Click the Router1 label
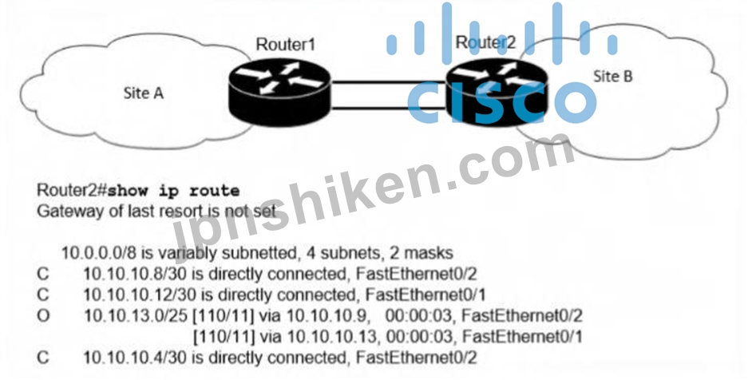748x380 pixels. pos(286,45)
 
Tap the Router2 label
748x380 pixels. pos(485,42)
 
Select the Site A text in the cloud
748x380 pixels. pos(143,93)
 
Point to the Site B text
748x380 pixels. pos(612,77)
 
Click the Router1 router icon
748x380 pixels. pos(279,92)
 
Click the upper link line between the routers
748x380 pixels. pos(388,82)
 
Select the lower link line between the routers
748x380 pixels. pos(388,108)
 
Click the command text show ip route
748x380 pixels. pos(172,191)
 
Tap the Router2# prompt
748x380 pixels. pos(72,190)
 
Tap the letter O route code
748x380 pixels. pos(43,315)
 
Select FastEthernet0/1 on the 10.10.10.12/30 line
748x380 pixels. pos(425,295)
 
